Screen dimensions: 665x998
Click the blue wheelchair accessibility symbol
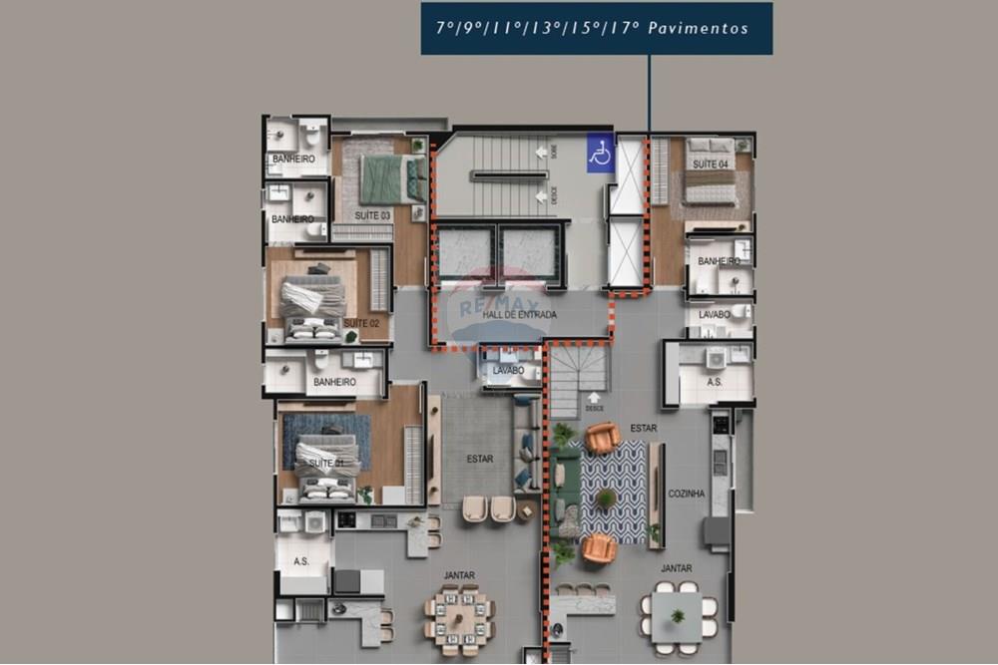pyautogui.click(x=601, y=154)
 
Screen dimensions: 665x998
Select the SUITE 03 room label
pyautogui.click(x=373, y=215)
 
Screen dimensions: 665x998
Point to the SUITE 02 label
pyautogui.click(x=361, y=323)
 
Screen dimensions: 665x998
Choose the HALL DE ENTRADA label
pyautogui.click(x=519, y=315)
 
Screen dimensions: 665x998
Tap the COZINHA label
pyautogui.click(x=687, y=494)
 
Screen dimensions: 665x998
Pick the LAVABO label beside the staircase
pyautogui.click(x=508, y=371)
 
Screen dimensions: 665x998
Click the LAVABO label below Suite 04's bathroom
pyautogui.click(x=715, y=314)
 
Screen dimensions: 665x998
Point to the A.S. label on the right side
pyautogui.click(x=715, y=382)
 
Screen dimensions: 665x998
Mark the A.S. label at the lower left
pyautogui.click(x=301, y=562)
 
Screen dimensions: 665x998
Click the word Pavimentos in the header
pyautogui.click(x=698, y=29)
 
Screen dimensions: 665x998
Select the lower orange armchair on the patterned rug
pyautogui.click(x=599, y=547)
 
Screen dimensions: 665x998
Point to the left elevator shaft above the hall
pyautogui.click(x=464, y=253)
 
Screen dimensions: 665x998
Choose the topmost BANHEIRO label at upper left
pyautogui.click(x=293, y=160)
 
